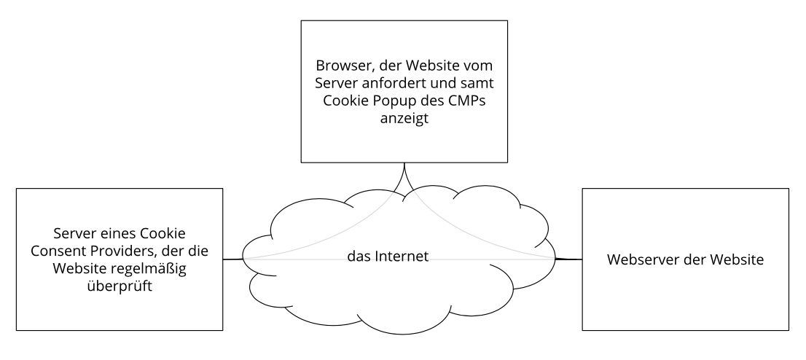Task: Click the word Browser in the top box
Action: [x=337, y=66]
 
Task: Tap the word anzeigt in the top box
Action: [x=404, y=118]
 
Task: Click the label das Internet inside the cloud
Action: [x=388, y=256]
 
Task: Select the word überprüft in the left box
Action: [x=120, y=286]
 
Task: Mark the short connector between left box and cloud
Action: [x=233, y=259]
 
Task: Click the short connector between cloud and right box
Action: [x=568, y=259]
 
